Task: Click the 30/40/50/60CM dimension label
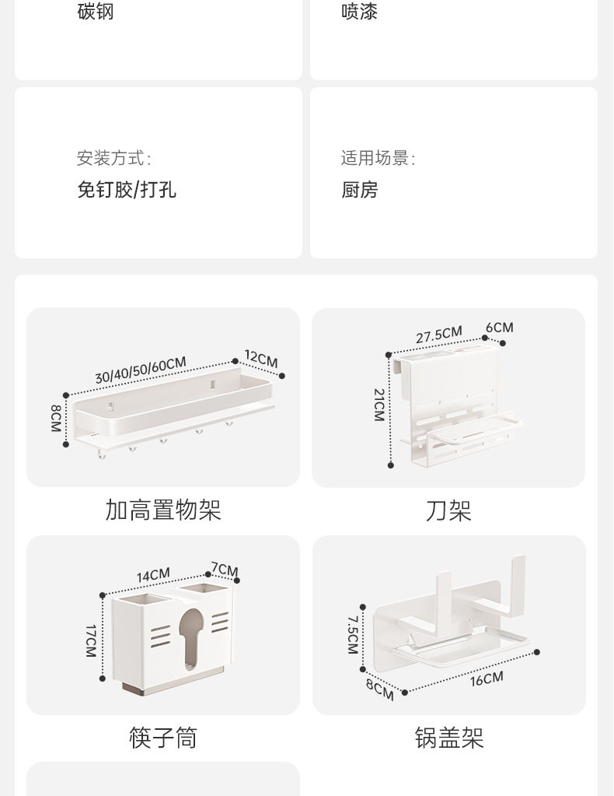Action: [x=141, y=370]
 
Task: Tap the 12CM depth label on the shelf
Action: [x=261, y=359]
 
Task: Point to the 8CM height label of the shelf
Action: [x=56, y=419]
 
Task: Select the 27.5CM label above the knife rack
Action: [x=439, y=335]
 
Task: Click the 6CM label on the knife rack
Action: [x=500, y=328]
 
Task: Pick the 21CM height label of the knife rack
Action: [x=379, y=405]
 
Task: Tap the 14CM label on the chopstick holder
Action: [x=153, y=575]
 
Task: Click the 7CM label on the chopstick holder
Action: [x=225, y=570]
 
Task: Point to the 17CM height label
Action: [x=91, y=641]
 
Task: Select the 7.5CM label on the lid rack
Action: [x=353, y=635]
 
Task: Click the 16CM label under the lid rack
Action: [x=487, y=679]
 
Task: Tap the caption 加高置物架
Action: [x=163, y=510]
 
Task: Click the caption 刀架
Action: [x=448, y=510]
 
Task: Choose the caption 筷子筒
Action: [x=163, y=738]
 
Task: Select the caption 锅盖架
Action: [x=449, y=738]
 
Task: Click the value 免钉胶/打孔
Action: [x=127, y=190]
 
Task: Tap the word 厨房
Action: [x=360, y=190]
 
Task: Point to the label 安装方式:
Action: [x=114, y=158]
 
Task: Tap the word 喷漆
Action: [x=360, y=11]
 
